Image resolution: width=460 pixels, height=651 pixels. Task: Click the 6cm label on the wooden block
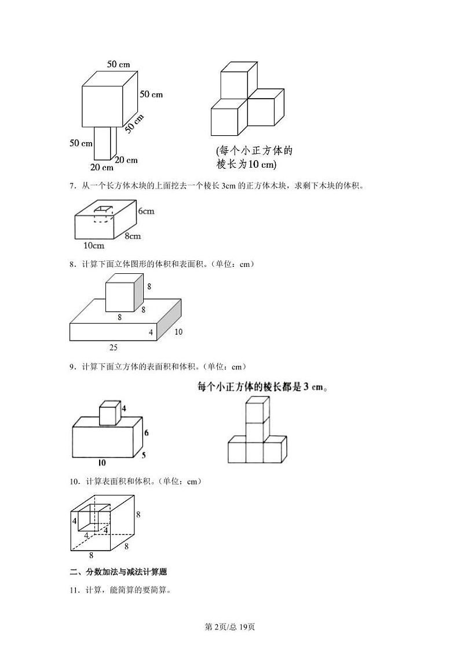coord(146,212)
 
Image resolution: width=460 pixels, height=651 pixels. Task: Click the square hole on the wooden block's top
coord(104,210)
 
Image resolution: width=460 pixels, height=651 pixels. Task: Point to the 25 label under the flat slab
coord(114,347)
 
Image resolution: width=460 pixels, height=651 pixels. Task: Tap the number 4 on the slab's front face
coord(151,332)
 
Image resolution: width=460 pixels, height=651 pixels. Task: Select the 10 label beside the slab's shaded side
coord(178,332)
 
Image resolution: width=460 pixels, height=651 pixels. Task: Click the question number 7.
coord(72,186)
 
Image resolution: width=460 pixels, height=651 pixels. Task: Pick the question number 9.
coord(72,367)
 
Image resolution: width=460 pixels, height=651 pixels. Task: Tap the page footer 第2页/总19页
coord(230,627)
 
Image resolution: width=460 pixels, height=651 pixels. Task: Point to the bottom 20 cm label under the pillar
coord(102,168)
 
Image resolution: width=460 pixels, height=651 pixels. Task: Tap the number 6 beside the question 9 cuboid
coord(147,433)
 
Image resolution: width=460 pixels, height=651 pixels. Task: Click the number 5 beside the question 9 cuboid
coord(144,455)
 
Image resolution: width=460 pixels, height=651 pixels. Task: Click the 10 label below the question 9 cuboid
coord(101,463)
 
